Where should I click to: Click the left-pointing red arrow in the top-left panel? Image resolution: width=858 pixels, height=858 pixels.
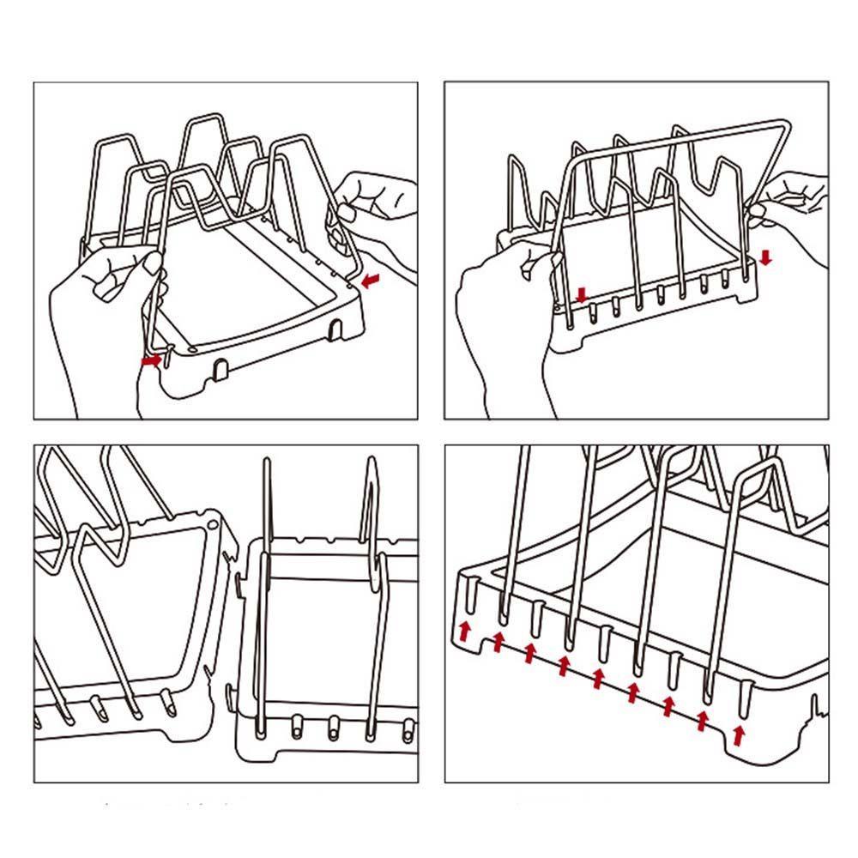click(371, 280)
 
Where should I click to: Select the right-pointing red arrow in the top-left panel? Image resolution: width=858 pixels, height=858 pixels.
click(150, 362)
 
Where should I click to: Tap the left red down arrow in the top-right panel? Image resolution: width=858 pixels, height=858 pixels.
click(583, 296)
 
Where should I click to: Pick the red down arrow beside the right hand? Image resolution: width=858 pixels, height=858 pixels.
click(765, 257)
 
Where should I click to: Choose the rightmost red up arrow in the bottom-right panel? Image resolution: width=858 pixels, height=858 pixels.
click(739, 735)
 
